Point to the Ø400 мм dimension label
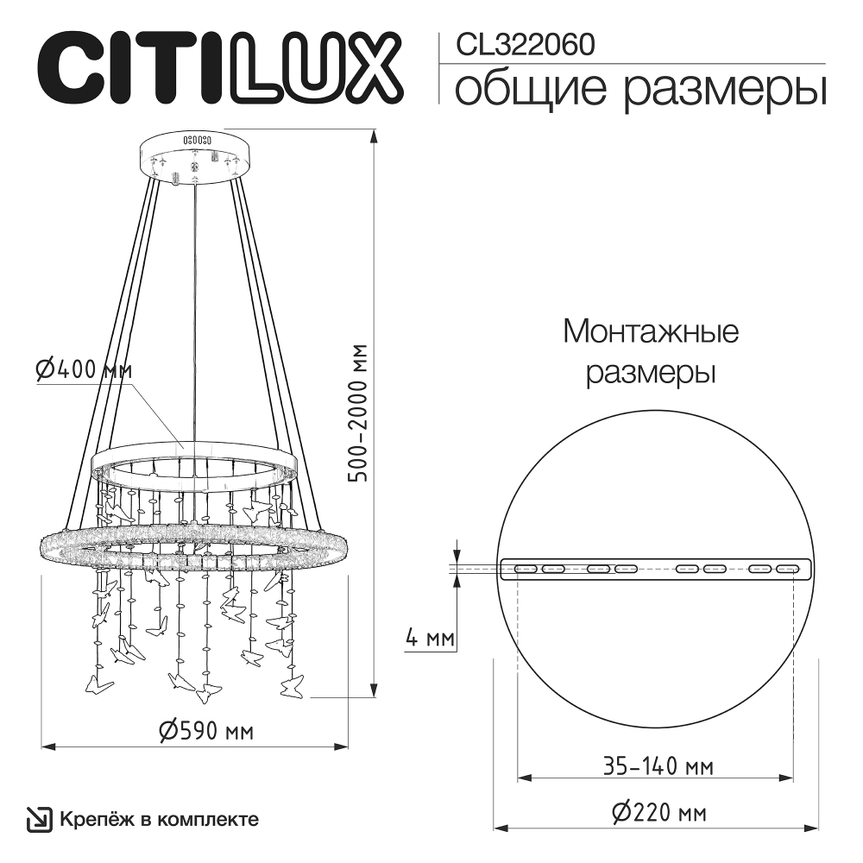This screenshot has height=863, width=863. pos(84,369)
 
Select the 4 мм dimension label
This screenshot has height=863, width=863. pos(429,639)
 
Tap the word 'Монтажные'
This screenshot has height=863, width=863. pos(651,331)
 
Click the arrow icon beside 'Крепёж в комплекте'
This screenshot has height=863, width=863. pos(39,818)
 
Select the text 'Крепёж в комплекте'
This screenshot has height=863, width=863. pos(159,818)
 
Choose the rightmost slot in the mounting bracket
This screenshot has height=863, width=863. pos(786,569)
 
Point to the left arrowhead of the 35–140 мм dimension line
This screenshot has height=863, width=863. pos(522,779)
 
